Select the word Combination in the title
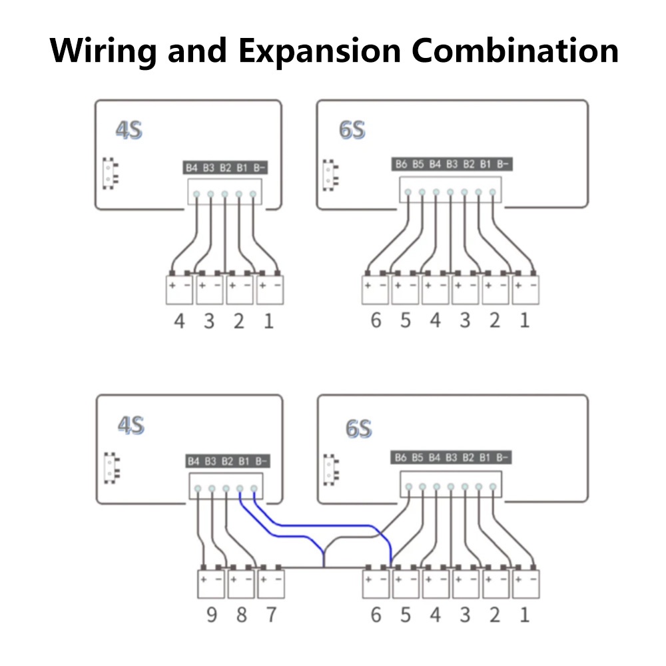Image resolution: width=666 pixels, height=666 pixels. [515, 50]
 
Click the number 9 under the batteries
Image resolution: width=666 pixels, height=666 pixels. [211, 614]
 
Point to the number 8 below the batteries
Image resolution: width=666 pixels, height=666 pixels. [241, 614]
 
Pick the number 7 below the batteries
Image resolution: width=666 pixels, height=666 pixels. [270, 614]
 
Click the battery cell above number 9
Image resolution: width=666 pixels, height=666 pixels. [211, 583]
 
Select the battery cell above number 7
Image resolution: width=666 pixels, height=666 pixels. [270, 583]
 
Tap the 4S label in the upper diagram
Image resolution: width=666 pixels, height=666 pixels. [129, 130]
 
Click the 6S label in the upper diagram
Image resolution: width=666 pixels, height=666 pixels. [352, 130]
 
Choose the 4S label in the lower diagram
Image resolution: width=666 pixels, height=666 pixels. [131, 425]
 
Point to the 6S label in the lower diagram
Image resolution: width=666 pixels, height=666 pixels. [358, 428]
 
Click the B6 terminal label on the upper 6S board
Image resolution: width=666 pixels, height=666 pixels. [401, 164]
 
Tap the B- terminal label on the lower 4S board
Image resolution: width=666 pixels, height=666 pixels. [261, 460]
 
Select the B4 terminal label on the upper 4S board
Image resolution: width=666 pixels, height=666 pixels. [192, 168]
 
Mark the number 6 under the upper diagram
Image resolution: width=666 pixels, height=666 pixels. [376, 320]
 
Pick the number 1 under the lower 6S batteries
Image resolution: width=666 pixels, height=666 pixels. [524, 614]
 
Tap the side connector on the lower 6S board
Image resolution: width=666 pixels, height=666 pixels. [329, 468]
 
